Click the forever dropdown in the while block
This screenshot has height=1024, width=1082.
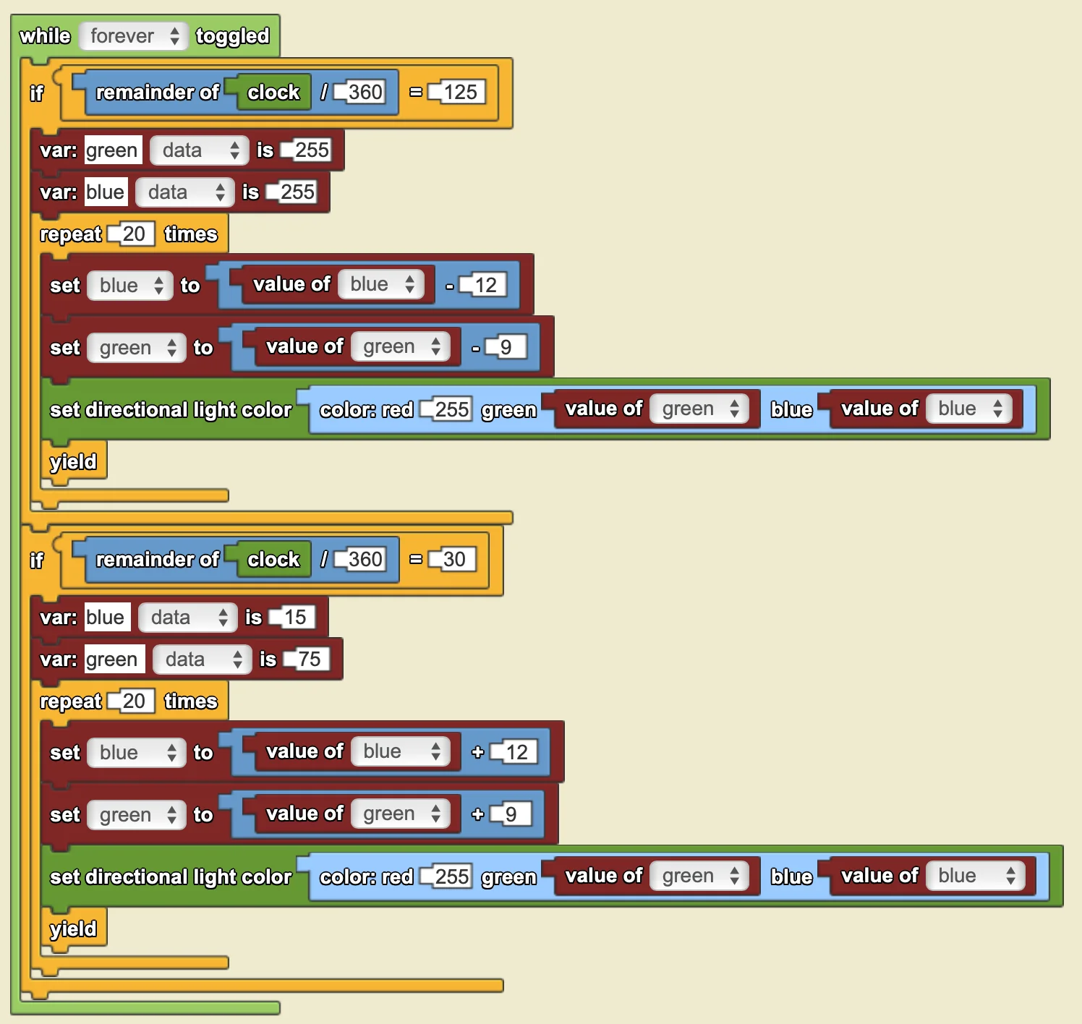(x=133, y=36)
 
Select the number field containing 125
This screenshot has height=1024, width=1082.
(x=457, y=92)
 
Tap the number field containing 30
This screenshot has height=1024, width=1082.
(x=452, y=559)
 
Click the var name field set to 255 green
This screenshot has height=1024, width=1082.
(x=114, y=150)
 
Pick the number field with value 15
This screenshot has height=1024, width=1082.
(x=292, y=617)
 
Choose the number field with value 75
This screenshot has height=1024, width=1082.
(x=307, y=659)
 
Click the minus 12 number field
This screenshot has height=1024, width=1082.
(x=483, y=285)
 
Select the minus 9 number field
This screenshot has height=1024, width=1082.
(x=506, y=347)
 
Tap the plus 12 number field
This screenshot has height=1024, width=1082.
(x=514, y=751)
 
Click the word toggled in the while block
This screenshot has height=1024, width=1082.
(x=233, y=36)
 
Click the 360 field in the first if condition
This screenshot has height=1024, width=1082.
(x=360, y=92)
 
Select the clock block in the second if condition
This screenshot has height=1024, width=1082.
(x=273, y=559)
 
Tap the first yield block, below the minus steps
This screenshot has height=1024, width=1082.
(x=73, y=461)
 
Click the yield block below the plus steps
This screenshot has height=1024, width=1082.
(x=73, y=929)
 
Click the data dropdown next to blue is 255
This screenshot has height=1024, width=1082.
(x=185, y=192)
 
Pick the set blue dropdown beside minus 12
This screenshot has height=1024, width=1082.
(x=130, y=285)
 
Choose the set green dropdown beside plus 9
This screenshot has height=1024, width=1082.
(x=137, y=814)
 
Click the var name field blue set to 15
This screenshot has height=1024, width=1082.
(x=107, y=617)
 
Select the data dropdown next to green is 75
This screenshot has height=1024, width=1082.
(x=202, y=659)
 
